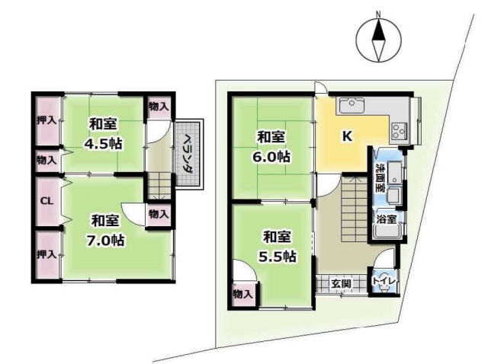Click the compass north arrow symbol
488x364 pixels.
tap(378, 40)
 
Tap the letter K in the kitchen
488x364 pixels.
tap(347, 136)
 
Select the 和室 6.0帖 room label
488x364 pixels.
tap(271, 147)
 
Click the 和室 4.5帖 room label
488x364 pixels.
tap(103, 134)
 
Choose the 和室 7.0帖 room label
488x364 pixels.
tap(105, 231)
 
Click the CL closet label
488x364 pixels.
tap(47, 201)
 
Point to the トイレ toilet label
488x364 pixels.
tap(384, 281)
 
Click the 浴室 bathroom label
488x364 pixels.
tap(387, 219)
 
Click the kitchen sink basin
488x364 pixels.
tap(352, 105)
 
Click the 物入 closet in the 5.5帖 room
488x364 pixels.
tap(242, 295)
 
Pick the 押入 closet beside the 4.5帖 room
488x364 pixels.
tap(47, 120)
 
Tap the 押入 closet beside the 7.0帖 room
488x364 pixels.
tap(47, 254)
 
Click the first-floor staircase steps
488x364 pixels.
tap(354, 209)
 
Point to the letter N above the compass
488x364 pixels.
tap(378, 14)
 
